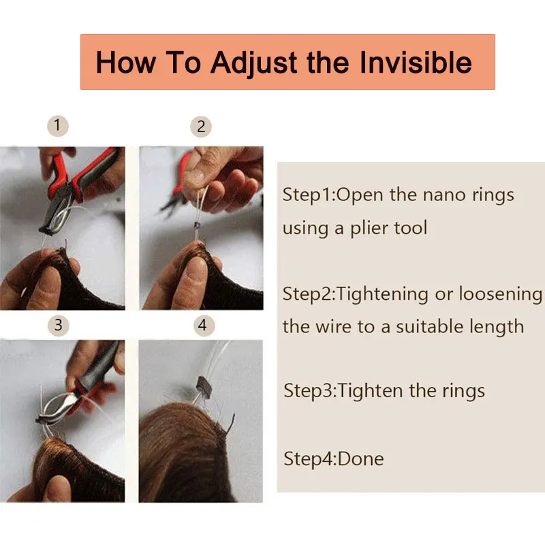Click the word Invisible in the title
tap(416, 63)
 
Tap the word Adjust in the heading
tap(253, 63)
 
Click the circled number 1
tap(58, 126)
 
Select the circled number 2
tap(201, 127)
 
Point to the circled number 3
tap(58, 326)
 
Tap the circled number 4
tap(204, 326)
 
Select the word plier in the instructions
tap(369, 228)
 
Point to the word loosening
tap(501, 294)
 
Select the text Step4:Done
tap(334, 458)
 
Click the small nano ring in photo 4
tap(204, 387)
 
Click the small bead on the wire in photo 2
tap(197, 226)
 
